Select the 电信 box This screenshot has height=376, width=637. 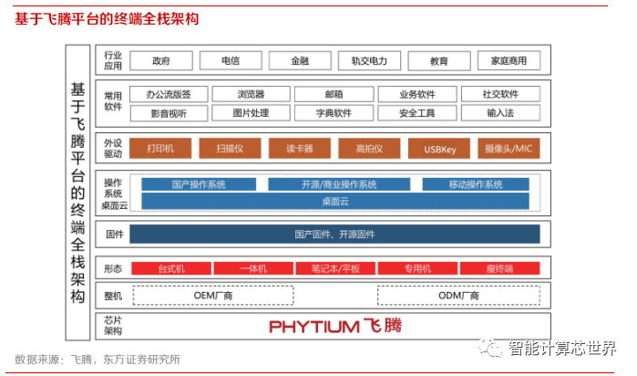pyautogui.click(x=230, y=61)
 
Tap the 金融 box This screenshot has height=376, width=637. pyautogui.click(x=300, y=61)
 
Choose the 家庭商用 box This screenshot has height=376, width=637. pyautogui.click(x=509, y=61)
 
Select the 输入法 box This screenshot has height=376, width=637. pyautogui.click(x=500, y=113)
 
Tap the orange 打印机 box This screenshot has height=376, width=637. pyautogui.click(x=161, y=149)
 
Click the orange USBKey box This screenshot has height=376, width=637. pyautogui.click(x=440, y=149)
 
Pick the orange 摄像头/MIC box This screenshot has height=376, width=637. pyautogui.click(x=509, y=149)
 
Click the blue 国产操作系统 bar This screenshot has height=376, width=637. pyautogui.click(x=198, y=184)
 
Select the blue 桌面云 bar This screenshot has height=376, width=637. pyautogui.click(x=334, y=201)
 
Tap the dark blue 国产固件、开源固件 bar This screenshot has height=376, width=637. pyautogui.click(x=334, y=235)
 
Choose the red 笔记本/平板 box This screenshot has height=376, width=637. pyautogui.click(x=334, y=268)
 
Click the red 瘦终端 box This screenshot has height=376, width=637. pyautogui.click(x=499, y=268)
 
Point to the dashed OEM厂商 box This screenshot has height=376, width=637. pyautogui.click(x=214, y=296)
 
